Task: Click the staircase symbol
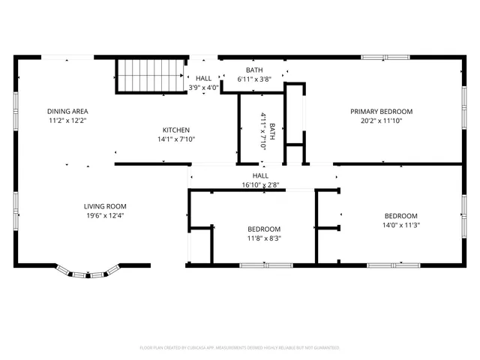point(150,76)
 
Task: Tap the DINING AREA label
point(68,111)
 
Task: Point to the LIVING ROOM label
point(104,206)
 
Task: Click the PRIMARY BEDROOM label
point(381,111)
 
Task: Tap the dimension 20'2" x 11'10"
point(381,120)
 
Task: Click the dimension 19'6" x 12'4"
point(104,215)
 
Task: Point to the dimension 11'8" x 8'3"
point(264,238)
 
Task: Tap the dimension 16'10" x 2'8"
point(261,184)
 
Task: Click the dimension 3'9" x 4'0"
point(203,87)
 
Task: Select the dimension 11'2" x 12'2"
point(68,120)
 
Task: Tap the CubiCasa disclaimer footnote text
point(240,347)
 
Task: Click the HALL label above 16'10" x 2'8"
point(261,175)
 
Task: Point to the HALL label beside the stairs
point(203,78)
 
